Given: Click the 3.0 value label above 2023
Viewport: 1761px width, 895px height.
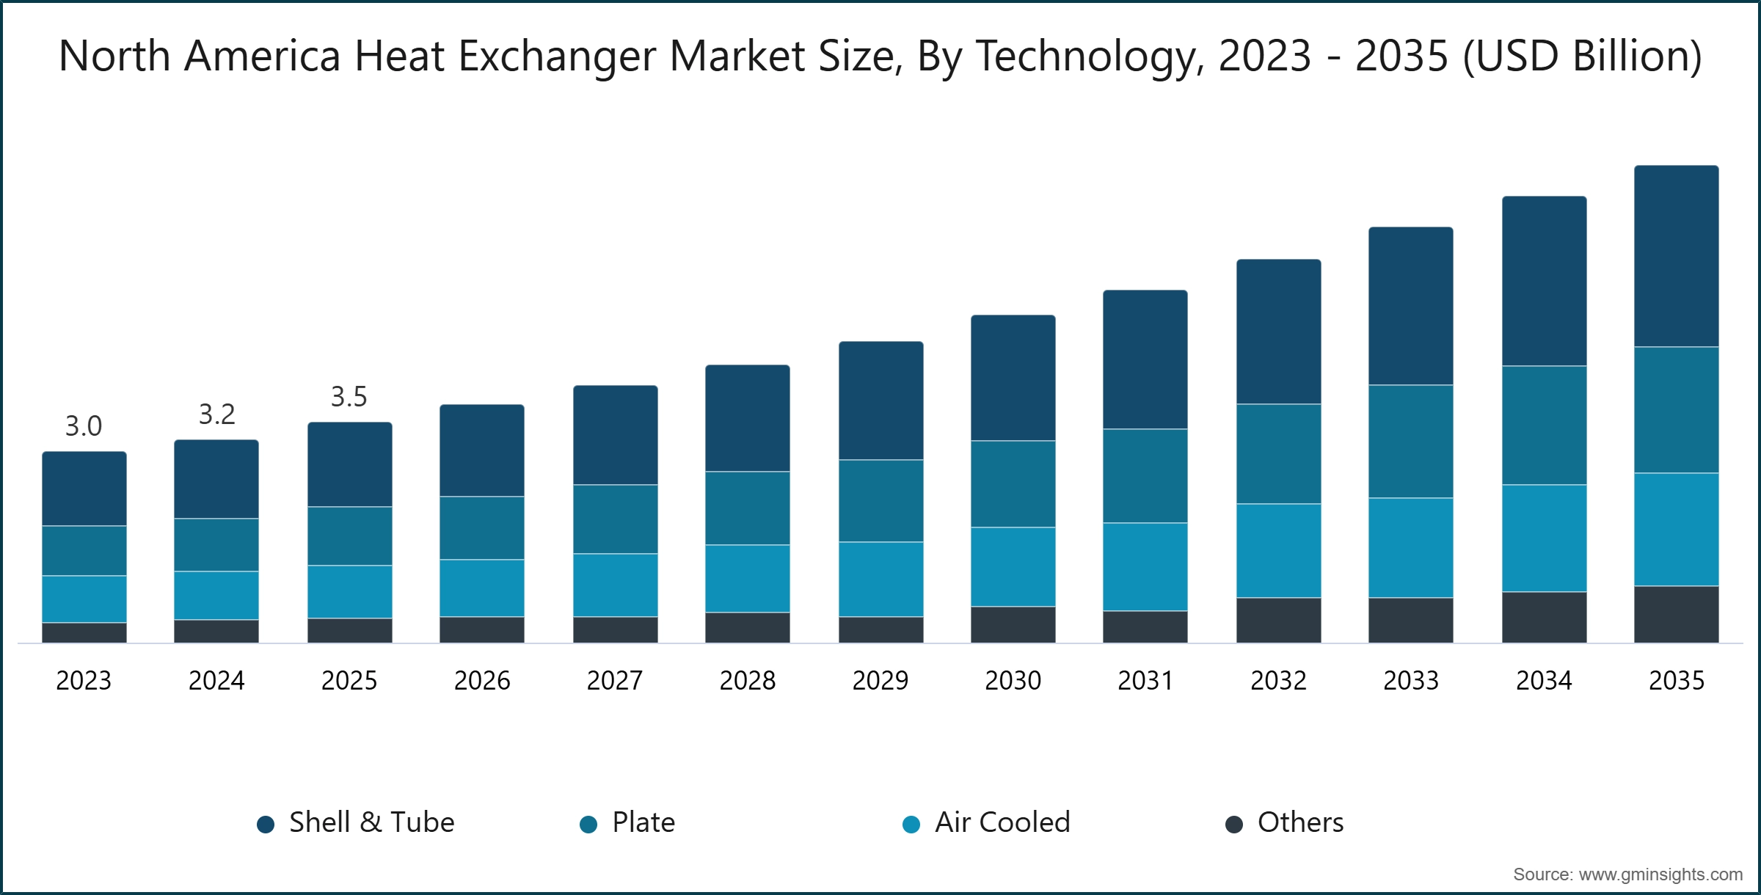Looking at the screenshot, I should [84, 426].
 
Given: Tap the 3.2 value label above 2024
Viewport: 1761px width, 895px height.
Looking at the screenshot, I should [216, 414].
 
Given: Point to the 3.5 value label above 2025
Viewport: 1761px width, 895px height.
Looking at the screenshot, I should [349, 397].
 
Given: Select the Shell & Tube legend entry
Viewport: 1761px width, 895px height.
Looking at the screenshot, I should [357, 822].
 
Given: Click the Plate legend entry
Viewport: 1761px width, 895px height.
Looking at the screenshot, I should [628, 822].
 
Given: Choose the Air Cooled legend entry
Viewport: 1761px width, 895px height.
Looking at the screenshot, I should [987, 822].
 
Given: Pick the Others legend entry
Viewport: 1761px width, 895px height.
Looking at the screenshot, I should [1286, 822].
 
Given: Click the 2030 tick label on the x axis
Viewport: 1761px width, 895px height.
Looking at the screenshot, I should [1013, 681].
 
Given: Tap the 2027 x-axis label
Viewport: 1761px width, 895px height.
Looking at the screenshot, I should [615, 681].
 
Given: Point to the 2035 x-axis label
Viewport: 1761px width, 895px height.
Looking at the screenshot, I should [1677, 681].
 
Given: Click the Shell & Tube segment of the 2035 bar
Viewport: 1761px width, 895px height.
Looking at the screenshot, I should [1677, 257].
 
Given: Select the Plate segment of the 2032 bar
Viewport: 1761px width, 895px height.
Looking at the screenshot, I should [1279, 453].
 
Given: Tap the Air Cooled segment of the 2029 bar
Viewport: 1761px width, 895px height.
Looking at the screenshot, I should [881, 579].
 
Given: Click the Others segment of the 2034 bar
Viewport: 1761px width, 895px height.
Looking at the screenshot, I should [1545, 617].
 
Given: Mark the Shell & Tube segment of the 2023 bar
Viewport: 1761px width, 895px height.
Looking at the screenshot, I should [84, 489].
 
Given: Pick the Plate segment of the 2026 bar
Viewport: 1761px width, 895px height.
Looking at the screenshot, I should [482, 528].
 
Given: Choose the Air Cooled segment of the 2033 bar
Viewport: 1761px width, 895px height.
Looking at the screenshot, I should [1411, 547].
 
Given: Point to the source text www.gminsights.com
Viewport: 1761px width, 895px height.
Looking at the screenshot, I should [1660, 874].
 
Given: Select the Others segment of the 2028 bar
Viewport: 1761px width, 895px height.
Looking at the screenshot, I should [748, 627].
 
